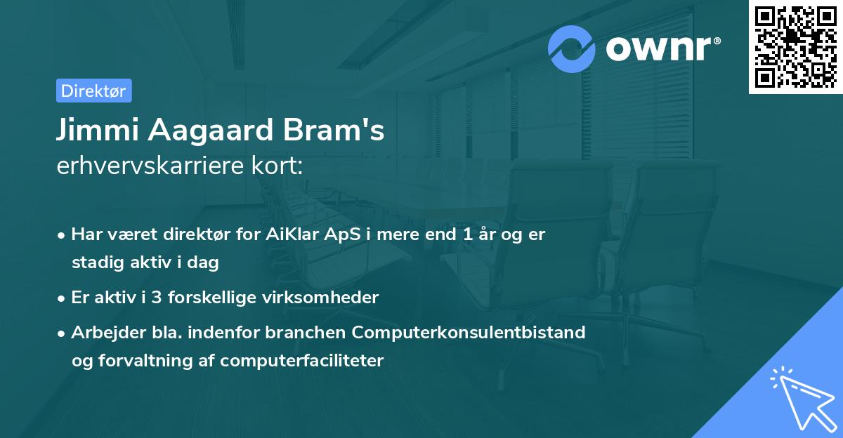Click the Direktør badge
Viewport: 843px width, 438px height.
point(93,91)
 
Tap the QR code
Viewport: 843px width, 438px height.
point(795,47)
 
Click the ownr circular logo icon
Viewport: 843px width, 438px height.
point(572,48)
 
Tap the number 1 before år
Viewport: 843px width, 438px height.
point(468,234)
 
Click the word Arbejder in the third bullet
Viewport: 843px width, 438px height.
point(103,332)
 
